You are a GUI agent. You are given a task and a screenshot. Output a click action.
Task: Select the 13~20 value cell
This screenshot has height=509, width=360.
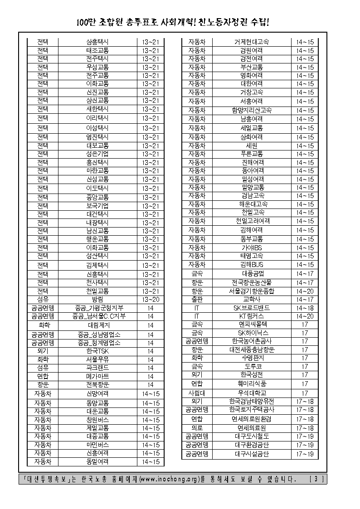[151, 300]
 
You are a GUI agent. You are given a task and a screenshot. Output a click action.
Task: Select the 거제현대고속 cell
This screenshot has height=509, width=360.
[251, 42]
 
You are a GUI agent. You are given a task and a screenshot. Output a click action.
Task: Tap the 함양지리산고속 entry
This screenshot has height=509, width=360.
[251, 110]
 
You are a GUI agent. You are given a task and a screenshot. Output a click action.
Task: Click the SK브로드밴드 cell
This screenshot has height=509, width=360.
[251, 308]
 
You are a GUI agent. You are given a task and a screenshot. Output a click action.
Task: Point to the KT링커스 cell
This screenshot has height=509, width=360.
[251, 316]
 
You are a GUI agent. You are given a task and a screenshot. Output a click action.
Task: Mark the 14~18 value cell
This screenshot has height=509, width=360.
[305, 308]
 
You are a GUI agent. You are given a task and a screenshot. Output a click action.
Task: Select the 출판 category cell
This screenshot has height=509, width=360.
[197, 300]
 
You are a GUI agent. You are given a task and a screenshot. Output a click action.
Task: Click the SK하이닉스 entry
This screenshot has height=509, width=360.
[251, 333]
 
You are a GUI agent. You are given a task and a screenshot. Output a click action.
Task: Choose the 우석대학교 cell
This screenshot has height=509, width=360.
[251, 393]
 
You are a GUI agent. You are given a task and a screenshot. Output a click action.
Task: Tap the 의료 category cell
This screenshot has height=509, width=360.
[197, 428]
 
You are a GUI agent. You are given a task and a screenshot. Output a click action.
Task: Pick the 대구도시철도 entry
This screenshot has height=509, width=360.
[251, 436]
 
